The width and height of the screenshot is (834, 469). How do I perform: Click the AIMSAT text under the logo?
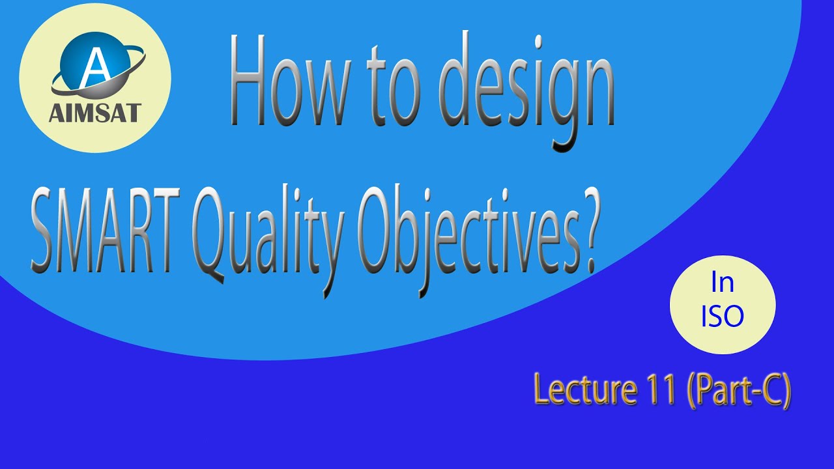(x=95, y=113)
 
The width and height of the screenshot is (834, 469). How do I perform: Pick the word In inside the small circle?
(x=722, y=284)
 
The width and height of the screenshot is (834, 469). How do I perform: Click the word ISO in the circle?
(x=722, y=317)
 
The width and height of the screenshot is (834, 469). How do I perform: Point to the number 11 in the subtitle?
(x=661, y=390)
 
